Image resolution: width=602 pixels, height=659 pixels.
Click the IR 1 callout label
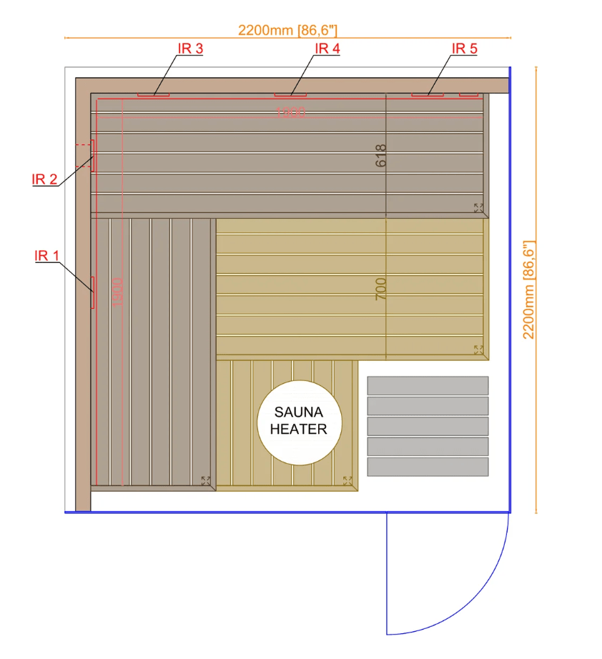[x=46, y=256]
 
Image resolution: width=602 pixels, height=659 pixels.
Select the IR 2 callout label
[x=44, y=179]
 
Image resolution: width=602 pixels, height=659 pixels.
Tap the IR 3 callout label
[x=190, y=49]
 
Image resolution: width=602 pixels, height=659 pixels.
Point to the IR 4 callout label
[x=327, y=49]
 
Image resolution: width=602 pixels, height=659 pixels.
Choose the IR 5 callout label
[x=464, y=49]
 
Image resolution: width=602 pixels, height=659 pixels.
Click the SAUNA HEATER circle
[x=299, y=422]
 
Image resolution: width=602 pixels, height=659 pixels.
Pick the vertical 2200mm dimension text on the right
[x=530, y=289]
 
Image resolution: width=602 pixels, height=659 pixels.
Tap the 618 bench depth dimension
[x=380, y=156]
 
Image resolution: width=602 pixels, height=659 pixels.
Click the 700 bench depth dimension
[x=380, y=289]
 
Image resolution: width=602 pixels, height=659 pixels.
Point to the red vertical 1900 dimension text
[x=118, y=292]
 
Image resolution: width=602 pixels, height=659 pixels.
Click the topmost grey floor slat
[x=428, y=385]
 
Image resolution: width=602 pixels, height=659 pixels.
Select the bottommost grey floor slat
[x=428, y=467]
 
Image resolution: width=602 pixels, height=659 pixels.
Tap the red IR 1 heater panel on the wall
[x=92, y=292]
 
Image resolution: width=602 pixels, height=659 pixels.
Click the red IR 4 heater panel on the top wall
[x=290, y=94]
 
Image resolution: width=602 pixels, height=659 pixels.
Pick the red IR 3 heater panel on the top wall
[x=153, y=94]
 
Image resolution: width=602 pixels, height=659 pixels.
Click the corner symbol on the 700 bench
[x=478, y=350]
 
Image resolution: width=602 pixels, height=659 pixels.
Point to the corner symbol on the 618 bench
[x=478, y=208]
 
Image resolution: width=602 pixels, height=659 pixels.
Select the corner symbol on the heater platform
[x=348, y=481]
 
